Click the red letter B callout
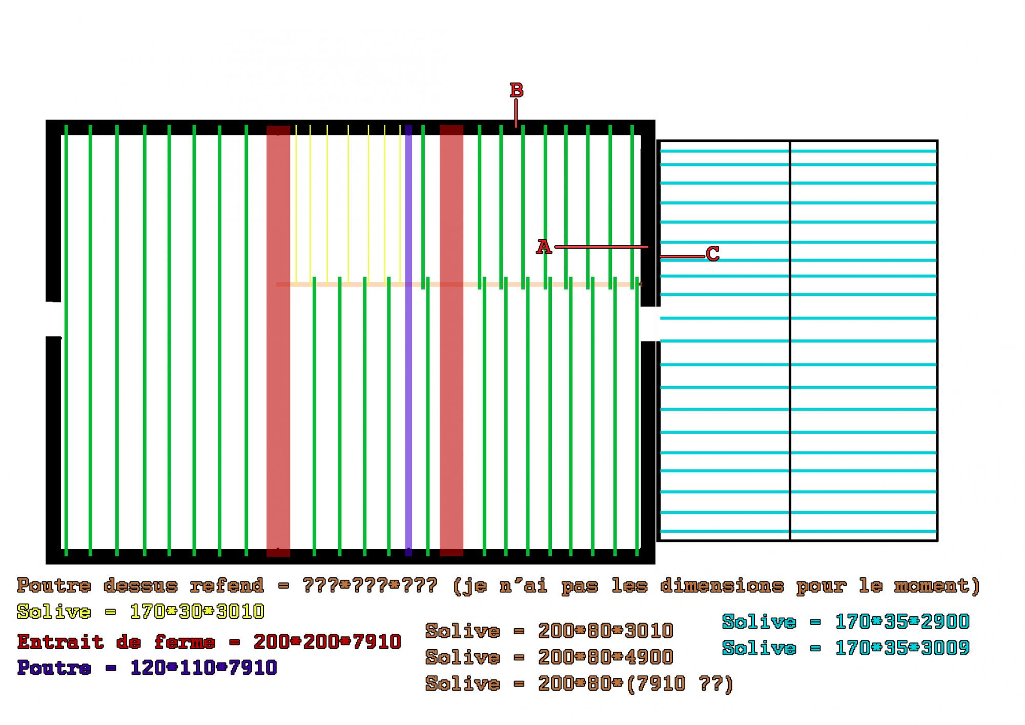coord(516,90)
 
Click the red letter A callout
coord(543,247)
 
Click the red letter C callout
coord(712,254)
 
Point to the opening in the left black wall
coord(53,319)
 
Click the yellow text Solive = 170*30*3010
coord(140,611)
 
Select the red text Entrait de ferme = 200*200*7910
coord(209,641)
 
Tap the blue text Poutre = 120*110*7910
coord(147,668)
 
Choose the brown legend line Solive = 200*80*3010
coord(549,631)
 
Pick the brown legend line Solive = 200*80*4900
coord(549,657)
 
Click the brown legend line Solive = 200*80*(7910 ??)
coord(579,683)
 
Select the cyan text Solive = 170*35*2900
coord(846,622)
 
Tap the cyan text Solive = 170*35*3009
coord(846,648)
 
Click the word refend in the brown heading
coord(227,585)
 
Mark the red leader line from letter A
coord(601,247)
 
